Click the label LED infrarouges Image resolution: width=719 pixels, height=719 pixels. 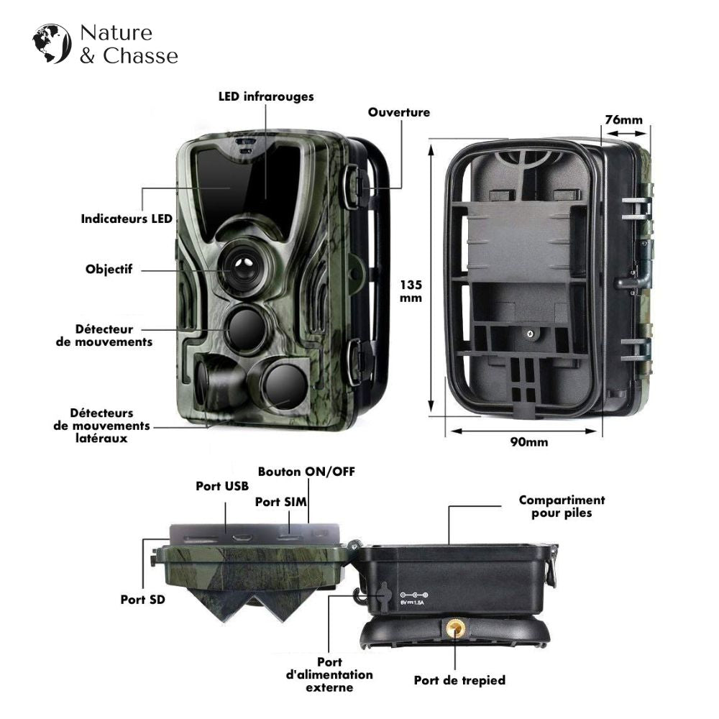coord(266,96)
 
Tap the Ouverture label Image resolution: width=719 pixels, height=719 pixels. coord(399,112)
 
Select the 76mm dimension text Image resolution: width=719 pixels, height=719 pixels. coord(623,119)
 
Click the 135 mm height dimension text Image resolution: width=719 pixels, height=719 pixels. coord(411,290)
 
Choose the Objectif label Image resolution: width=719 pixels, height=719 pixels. coord(109,270)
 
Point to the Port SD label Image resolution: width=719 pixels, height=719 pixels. coord(142,597)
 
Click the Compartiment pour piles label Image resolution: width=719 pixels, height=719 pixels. coord(562,506)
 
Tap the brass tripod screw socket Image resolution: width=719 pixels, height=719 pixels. coord(454,629)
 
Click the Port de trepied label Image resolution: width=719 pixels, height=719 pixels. coord(459,680)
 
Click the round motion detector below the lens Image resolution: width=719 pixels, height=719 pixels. coord(246,329)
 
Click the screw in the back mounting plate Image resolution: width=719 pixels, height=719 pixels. coord(529,334)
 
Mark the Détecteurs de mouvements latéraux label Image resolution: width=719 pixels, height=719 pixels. coord(101,425)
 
